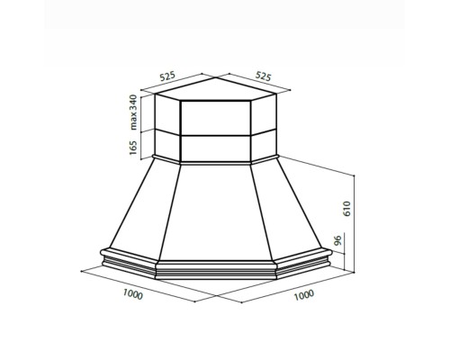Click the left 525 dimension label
(167, 76)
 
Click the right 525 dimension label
(263, 76)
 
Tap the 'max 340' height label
(133, 112)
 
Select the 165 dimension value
(133, 148)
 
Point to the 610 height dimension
(346, 209)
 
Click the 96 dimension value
(338, 240)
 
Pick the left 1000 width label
(133, 294)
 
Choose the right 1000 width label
(304, 295)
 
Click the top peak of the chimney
(216, 77)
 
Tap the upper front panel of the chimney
(215, 118)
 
